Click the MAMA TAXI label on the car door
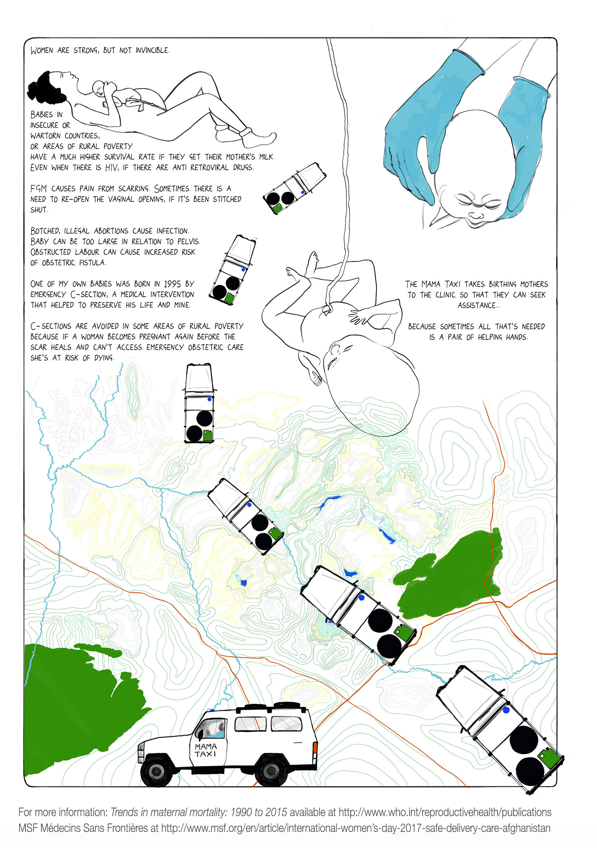coord(205,750)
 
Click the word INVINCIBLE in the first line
coord(152,50)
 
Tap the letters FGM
coord(38,188)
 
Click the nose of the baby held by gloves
coord(476,215)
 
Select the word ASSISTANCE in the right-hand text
coord(478,305)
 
